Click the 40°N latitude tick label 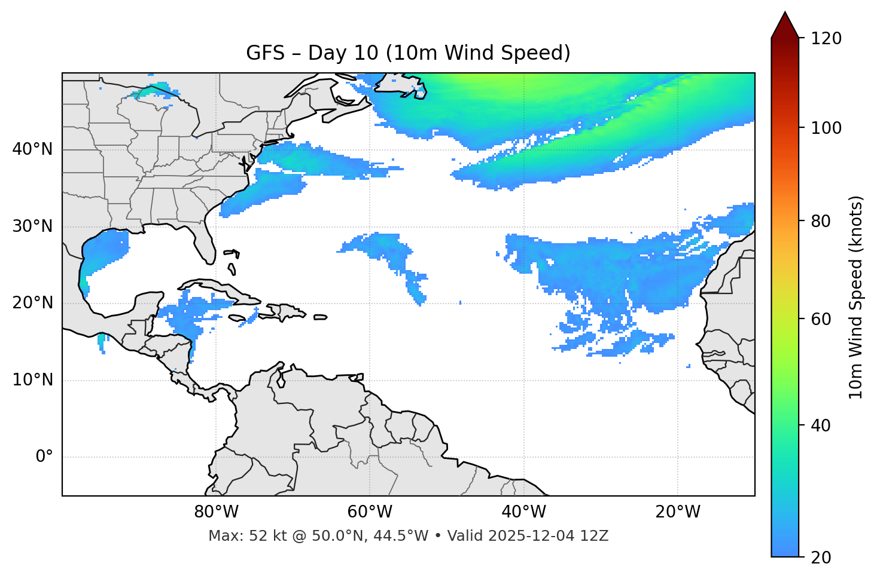tap(32, 149)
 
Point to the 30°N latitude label tap(32, 226)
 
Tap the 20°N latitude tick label tap(32, 303)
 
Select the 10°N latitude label tap(32, 380)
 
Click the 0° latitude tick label tap(44, 457)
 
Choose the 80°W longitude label tap(216, 512)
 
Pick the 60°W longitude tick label tap(370, 512)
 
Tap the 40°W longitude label tap(524, 512)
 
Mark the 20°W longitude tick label tap(678, 512)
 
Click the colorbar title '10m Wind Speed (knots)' tap(856, 297)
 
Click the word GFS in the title tap(265, 53)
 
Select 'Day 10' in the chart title tap(343, 53)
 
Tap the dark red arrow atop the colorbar tap(785, 25)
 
